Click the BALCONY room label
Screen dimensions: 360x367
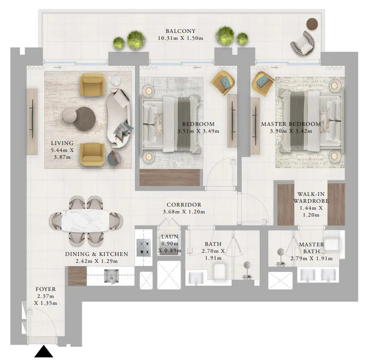tap(180, 31)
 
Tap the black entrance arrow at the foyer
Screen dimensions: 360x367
tap(44, 352)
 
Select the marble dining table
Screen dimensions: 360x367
tap(85, 221)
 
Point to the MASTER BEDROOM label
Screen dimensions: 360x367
tap(291, 124)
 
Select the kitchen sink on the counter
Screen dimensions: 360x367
tap(111, 275)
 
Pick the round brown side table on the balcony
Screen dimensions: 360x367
tap(312, 23)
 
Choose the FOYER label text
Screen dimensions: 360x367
tap(45, 290)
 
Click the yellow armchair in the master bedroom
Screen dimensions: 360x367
tap(263, 83)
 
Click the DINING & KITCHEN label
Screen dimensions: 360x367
tap(96, 254)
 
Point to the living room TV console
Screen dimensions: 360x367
tap(32, 121)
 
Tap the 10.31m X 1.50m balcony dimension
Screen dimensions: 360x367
tap(180, 38)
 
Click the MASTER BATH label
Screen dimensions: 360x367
tap(311, 245)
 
